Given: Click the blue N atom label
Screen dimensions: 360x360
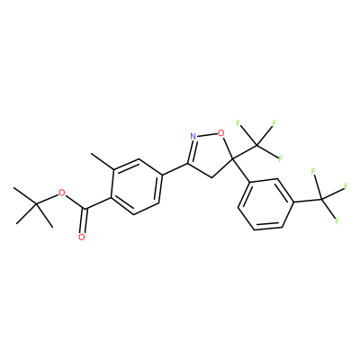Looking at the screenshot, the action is pyautogui.click(x=193, y=137).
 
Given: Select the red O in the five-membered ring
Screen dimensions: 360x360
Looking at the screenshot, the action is pyautogui.click(x=221, y=132).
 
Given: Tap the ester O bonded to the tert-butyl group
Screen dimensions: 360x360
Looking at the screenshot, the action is pyautogui.click(x=62, y=193).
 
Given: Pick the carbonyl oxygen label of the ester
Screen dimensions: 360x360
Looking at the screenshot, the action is pyautogui.click(x=81, y=238).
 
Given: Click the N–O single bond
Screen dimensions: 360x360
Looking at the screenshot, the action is pyautogui.click(x=207, y=134).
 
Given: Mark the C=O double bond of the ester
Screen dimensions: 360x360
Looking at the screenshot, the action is pyautogui.click(x=84, y=220).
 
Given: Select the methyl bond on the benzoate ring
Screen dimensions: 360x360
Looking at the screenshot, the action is pyautogui.click(x=102, y=161).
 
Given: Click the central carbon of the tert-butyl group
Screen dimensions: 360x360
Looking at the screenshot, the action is pyautogui.click(x=36, y=204).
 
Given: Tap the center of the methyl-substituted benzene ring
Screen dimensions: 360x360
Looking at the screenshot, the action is pyautogui.click(x=136, y=186).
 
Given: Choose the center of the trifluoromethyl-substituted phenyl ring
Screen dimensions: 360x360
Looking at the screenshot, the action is pyautogui.click(x=265, y=204).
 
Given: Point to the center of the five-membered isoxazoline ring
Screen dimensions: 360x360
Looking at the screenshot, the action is pyautogui.click(x=208, y=153).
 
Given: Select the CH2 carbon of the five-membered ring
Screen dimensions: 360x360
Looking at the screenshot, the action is pyautogui.click(x=211, y=177).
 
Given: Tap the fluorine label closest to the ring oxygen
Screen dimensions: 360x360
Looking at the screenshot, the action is pyautogui.click(x=238, y=122).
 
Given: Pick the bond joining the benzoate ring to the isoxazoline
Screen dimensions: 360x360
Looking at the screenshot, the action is pyautogui.click(x=175, y=169).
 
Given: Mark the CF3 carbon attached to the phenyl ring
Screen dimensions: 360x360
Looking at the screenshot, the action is pyautogui.click(x=321, y=199).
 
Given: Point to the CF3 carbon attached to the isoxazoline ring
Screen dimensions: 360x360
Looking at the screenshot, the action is pyautogui.click(x=257, y=146).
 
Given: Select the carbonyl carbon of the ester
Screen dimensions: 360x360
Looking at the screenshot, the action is pyautogui.click(x=86, y=209).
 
